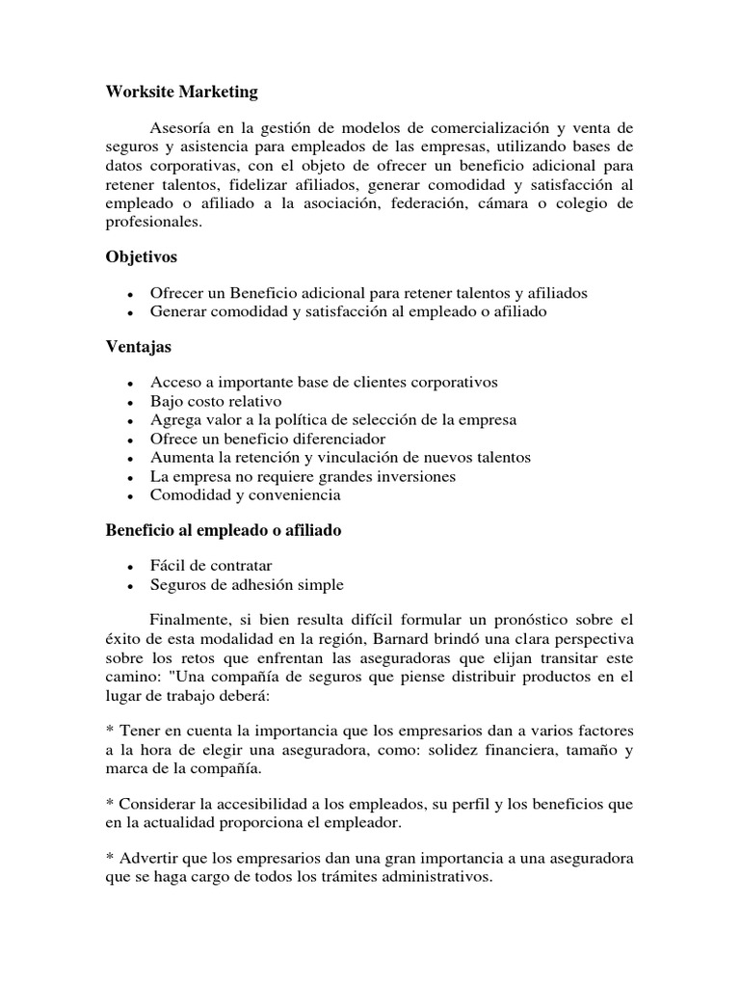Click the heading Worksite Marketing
point(181,92)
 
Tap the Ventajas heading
point(139,346)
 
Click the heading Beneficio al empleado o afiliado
point(224,530)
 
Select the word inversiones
point(408,476)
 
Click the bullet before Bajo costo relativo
point(129,402)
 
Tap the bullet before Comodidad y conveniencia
point(129,496)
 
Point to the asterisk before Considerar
point(110,805)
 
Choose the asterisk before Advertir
point(110,859)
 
